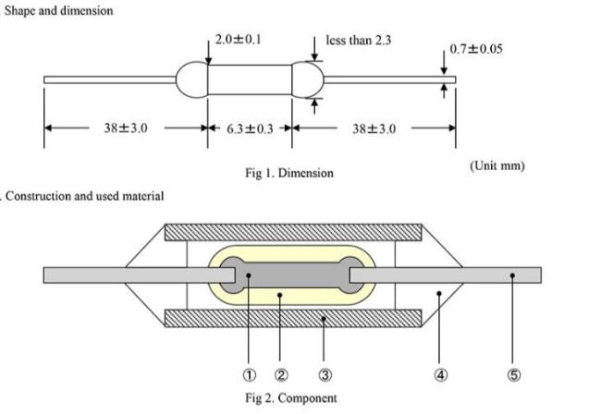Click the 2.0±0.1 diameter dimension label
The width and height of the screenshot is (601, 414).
click(238, 40)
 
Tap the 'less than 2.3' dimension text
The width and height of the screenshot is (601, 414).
click(359, 41)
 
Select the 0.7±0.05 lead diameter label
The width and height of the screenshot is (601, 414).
click(475, 49)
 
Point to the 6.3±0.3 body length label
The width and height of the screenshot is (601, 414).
click(250, 128)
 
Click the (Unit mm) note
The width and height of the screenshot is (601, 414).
click(497, 165)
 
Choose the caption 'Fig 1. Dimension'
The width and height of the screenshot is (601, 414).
click(289, 173)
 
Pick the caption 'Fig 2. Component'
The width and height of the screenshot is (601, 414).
click(291, 398)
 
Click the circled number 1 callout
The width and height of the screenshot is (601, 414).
click(249, 375)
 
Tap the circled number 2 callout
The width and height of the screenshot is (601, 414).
click(281, 375)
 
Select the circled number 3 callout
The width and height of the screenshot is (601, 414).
click(325, 375)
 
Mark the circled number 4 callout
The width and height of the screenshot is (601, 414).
click(440, 375)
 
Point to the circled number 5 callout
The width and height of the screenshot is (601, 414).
click(514, 375)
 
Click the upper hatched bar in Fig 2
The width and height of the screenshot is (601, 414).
click(293, 233)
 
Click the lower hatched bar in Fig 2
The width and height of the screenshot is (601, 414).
click(293, 318)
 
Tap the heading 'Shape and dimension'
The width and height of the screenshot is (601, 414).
click(58, 10)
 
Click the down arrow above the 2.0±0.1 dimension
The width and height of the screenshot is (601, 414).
click(208, 53)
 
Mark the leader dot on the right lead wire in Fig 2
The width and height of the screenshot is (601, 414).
click(512, 275)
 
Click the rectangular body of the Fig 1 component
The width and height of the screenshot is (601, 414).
click(250, 79)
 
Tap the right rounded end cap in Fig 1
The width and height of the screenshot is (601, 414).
click(308, 79)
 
